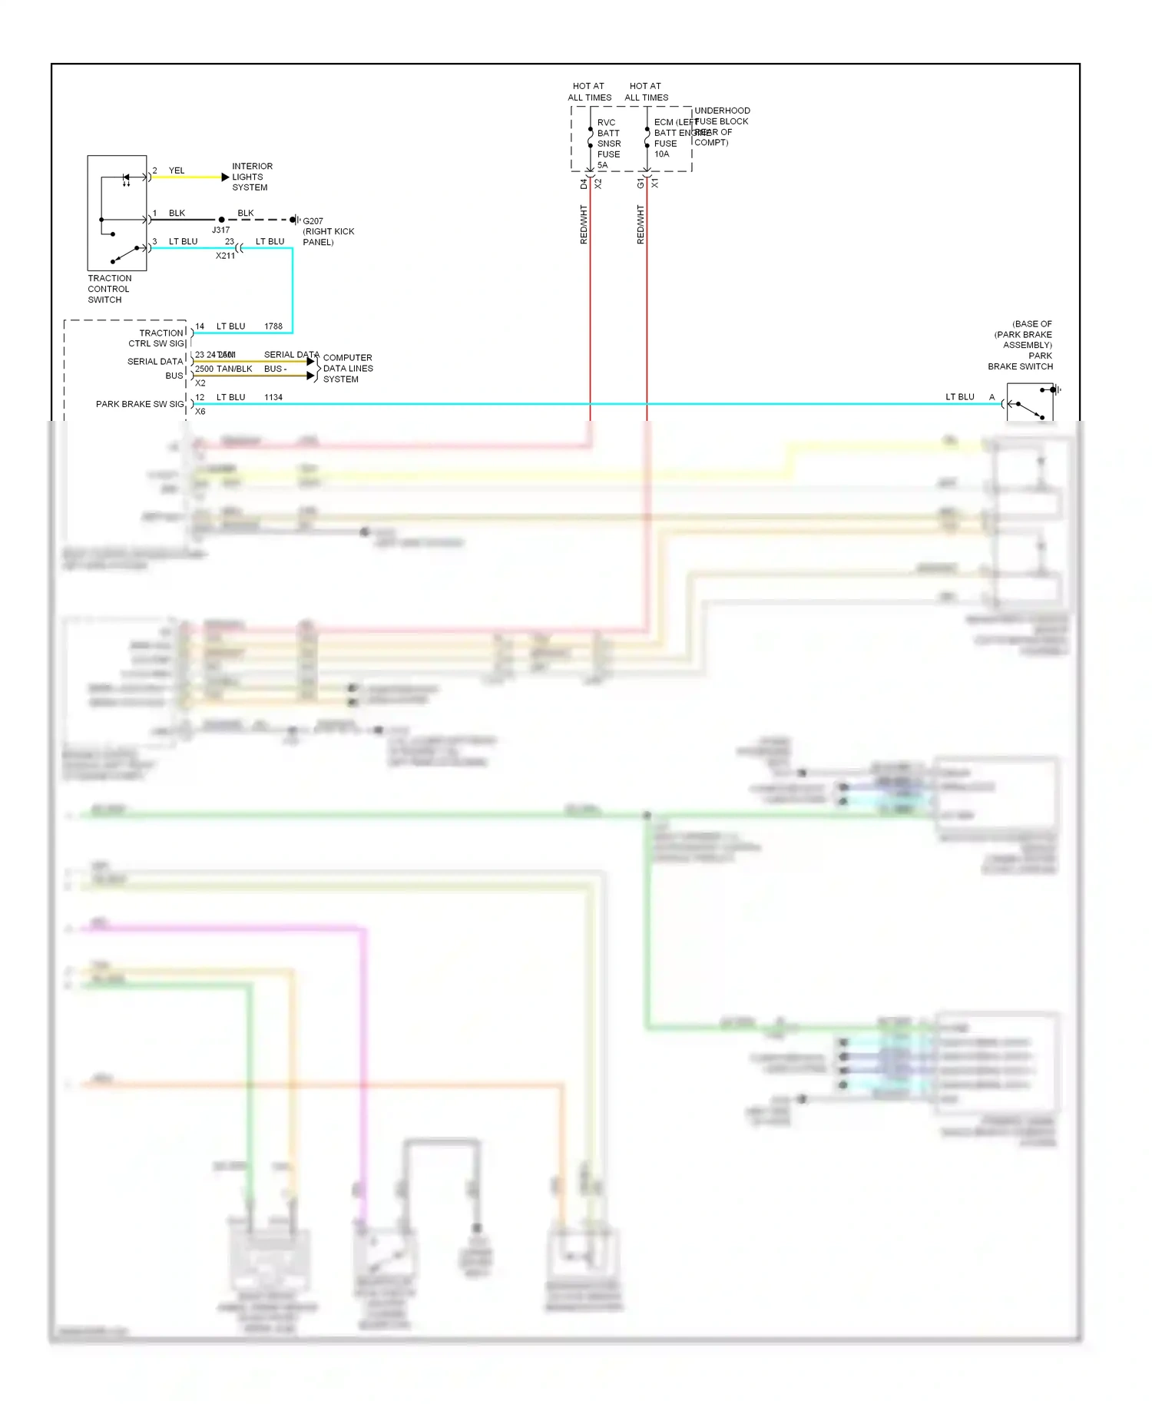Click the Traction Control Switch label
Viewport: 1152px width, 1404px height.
point(109,289)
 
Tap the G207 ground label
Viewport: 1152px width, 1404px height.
point(313,221)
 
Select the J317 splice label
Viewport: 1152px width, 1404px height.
point(220,230)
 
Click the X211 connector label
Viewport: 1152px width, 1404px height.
point(225,256)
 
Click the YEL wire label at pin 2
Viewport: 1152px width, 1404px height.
point(177,171)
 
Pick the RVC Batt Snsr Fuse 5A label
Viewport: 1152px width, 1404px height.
point(608,144)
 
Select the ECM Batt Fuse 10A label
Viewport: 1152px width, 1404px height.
point(665,138)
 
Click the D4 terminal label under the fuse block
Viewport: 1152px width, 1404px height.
point(584,184)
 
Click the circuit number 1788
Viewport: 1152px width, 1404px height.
point(273,326)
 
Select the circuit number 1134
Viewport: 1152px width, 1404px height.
point(273,397)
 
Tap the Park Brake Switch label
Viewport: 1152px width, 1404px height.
point(1021,361)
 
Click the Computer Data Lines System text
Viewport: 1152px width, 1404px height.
point(348,369)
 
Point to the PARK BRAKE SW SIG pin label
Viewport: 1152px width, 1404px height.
point(140,404)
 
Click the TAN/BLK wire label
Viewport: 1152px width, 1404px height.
point(234,369)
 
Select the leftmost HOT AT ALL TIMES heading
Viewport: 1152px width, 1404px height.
point(589,91)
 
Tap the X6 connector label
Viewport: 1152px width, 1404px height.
point(200,412)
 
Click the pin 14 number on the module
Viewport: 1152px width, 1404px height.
point(200,326)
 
